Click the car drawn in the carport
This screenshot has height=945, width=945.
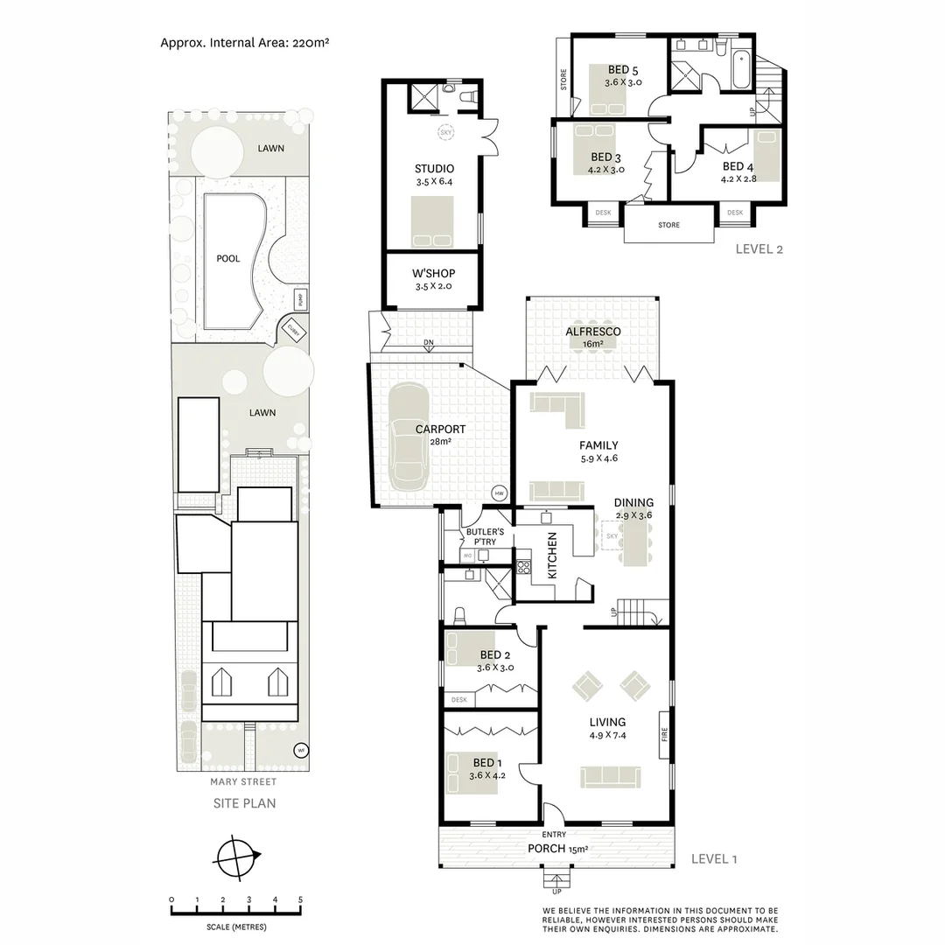pos(409,437)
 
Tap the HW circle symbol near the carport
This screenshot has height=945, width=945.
pos(500,493)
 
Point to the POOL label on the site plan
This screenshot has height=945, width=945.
pos(228,259)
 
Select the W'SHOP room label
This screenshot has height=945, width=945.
pos(434,274)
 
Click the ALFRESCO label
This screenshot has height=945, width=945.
pos(592,332)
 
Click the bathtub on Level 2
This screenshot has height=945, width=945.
pos(740,71)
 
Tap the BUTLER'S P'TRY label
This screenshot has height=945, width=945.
pos(480,536)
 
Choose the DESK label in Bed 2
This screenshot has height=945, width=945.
pos(459,700)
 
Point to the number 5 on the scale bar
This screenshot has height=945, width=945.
pos(300,900)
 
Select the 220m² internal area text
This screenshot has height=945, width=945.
pos(305,41)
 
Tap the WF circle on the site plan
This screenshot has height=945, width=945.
pos(300,750)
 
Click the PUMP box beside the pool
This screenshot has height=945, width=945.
pos(299,299)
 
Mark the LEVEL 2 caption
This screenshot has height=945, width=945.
pos(759,248)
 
